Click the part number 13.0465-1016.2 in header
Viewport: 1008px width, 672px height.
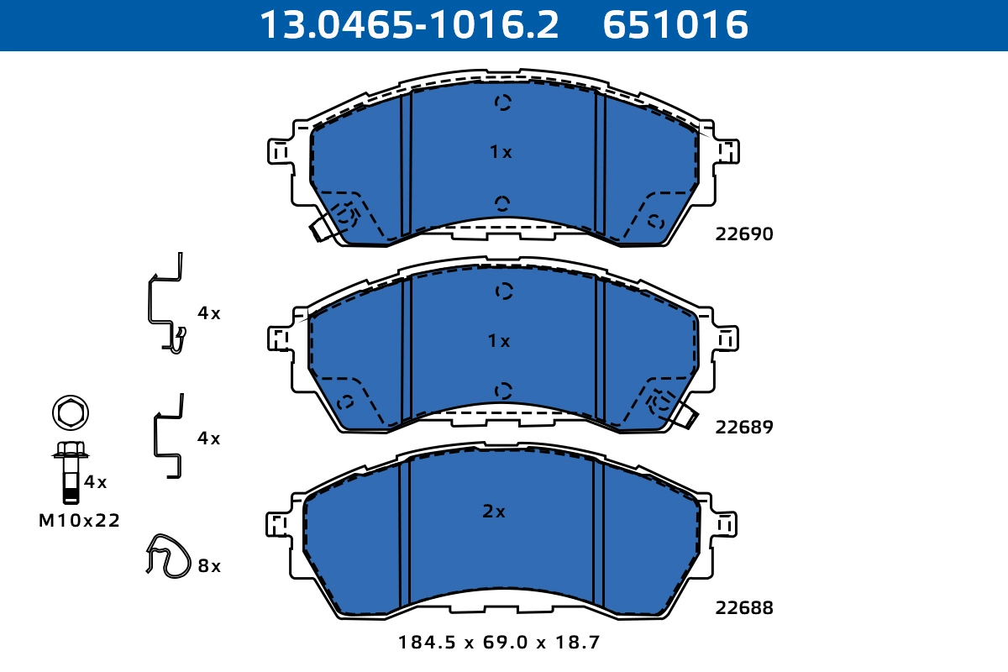coord(408,25)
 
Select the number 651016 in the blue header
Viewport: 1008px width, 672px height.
coord(675,25)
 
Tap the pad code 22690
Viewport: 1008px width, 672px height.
coord(743,234)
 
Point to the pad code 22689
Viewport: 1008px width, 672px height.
coord(743,427)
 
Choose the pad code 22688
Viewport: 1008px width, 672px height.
coord(743,607)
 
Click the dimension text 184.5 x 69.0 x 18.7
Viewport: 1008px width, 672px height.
coord(499,643)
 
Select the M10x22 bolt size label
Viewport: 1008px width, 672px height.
coord(80,521)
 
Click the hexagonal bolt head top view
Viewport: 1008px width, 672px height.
coord(71,412)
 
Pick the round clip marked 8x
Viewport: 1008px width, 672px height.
coord(168,556)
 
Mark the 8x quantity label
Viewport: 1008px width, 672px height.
coord(209,566)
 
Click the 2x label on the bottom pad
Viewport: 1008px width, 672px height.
coord(494,511)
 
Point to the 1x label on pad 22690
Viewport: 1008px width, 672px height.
coord(501,152)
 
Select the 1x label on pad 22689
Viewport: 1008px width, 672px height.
coord(499,341)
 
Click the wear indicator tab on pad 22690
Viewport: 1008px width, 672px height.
coord(322,228)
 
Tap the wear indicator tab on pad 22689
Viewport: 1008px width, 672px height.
coord(686,416)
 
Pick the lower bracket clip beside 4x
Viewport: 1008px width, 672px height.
coord(167,437)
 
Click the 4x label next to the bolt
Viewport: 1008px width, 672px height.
coord(96,482)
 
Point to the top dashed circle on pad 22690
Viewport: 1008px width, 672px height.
coord(502,102)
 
